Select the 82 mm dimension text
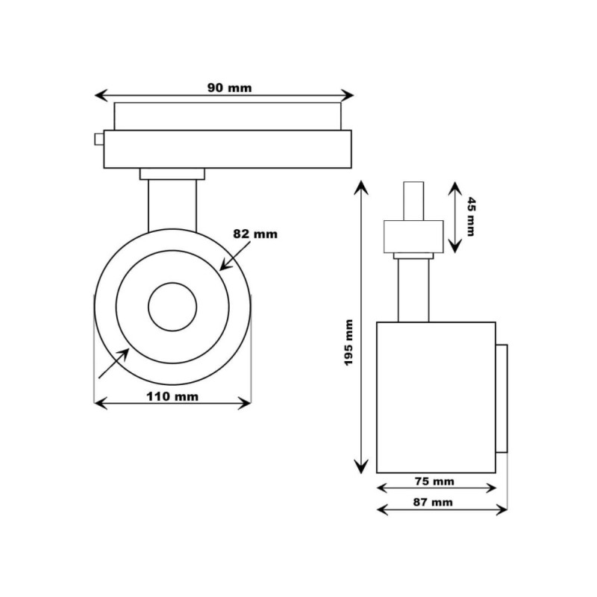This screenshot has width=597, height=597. tap(254, 234)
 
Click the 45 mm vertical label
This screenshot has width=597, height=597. tap(470, 216)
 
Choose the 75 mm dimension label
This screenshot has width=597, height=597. tap(435, 481)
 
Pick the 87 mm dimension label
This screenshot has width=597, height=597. tap(434, 502)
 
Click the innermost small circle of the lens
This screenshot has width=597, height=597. tap(172, 307)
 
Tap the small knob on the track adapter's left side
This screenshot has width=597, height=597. tap(99, 139)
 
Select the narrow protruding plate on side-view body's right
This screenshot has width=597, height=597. tap(502, 398)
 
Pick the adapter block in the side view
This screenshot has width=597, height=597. tap(413, 236)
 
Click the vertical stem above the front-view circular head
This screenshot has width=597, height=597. tap(172, 204)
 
